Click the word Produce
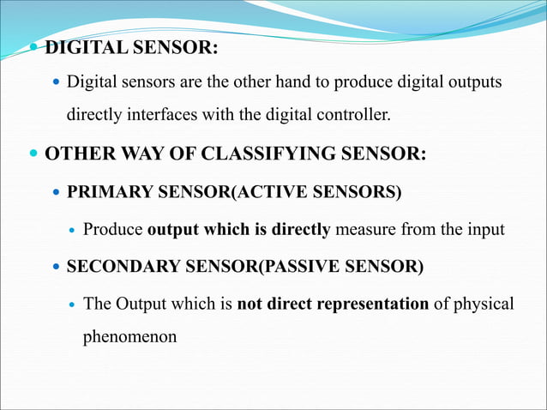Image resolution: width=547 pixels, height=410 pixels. point(113,230)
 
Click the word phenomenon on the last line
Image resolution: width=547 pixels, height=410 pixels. point(129,336)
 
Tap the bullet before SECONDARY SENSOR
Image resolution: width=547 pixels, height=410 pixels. point(57,268)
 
